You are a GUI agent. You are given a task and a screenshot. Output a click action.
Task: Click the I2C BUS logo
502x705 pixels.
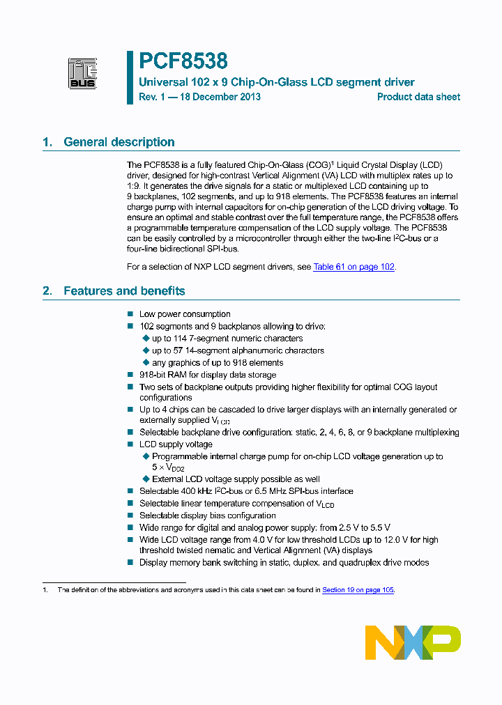pos(82,73)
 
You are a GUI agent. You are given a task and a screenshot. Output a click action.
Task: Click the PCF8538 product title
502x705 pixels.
pos(183,62)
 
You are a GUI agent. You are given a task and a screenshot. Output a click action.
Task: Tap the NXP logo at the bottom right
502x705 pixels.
pos(413,642)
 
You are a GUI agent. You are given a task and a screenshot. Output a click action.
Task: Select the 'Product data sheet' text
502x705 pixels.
pos(418,97)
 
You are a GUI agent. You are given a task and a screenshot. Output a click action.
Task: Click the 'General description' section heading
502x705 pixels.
pos(119,142)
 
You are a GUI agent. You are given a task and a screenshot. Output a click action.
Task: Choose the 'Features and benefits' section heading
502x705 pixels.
pos(124,291)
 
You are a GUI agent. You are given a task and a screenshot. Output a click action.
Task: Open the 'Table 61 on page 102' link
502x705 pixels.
pos(354,267)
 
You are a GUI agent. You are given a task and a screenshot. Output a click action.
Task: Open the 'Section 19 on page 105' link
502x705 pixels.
pos(358,590)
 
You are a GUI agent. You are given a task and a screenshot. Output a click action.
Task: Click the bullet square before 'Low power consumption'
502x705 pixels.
pos(130,314)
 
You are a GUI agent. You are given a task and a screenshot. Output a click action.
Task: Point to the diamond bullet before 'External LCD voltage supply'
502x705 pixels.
pos(146,479)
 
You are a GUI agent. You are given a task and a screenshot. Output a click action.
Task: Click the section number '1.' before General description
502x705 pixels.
pos(47,142)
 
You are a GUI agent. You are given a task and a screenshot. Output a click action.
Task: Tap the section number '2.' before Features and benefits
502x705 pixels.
pos(47,291)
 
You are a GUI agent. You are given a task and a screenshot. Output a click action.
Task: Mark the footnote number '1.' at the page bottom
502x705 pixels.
pos(45,590)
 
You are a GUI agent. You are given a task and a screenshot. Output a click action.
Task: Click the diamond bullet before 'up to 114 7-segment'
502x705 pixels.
pos(146,339)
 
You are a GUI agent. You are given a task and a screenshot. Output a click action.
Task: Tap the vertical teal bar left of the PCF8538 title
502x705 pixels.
pos(130,77)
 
